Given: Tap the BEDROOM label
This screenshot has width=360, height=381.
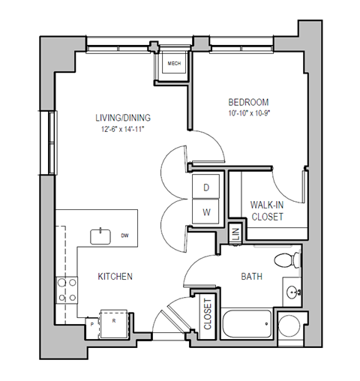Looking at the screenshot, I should [248, 102].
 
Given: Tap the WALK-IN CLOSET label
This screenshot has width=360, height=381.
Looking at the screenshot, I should [266, 210].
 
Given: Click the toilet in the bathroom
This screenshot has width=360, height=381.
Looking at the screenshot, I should [286, 261].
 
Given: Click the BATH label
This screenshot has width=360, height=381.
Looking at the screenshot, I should [251, 277].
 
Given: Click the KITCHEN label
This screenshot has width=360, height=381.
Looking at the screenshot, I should [115, 277].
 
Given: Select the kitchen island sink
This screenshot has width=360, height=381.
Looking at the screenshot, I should [100, 236].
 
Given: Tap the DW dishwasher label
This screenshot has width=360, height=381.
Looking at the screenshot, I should [124, 236].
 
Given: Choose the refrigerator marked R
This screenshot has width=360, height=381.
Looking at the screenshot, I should [114, 320].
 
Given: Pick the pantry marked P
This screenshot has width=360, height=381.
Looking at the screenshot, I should [91, 324].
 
